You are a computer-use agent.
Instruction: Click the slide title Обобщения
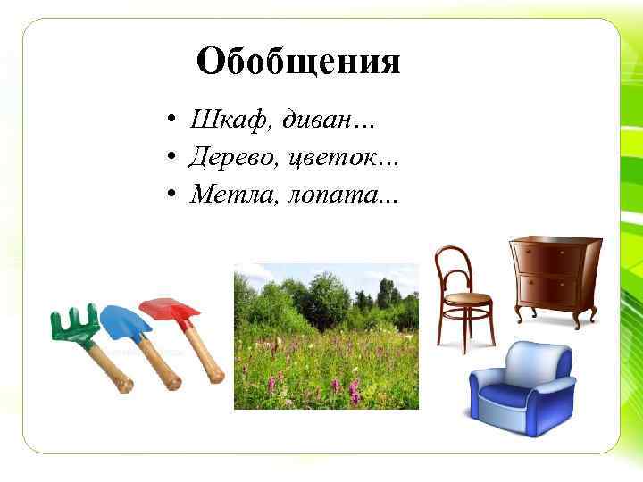coord(298,63)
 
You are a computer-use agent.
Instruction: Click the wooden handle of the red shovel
coord(205,357)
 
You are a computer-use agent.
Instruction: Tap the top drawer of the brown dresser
coord(552,260)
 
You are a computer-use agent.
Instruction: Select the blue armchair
coord(522,391)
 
